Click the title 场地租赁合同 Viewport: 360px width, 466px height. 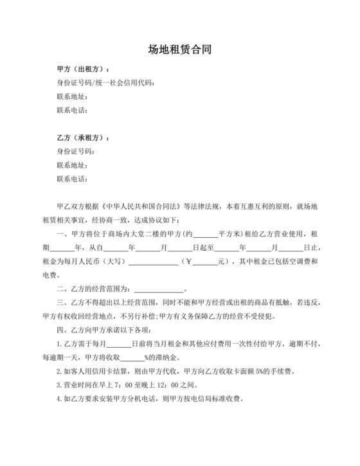coord(180,49)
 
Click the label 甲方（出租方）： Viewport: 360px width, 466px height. coord(83,69)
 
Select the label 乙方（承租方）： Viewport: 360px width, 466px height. coord(83,138)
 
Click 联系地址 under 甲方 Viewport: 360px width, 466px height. coord(71,96)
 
